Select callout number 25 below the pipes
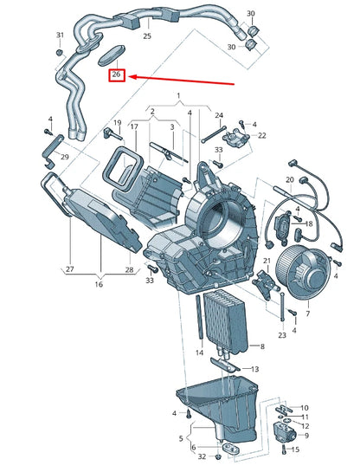[x=146, y=36]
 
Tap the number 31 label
[x=60, y=35]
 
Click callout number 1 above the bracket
[x=178, y=95]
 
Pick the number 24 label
[x=219, y=115]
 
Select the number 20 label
[x=290, y=179]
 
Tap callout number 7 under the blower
[x=307, y=313]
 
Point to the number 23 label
[x=281, y=335]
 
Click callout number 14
[x=199, y=352]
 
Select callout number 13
[x=255, y=369]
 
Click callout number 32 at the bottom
[x=201, y=456]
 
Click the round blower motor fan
[x=308, y=268]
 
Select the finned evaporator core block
[x=224, y=320]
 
